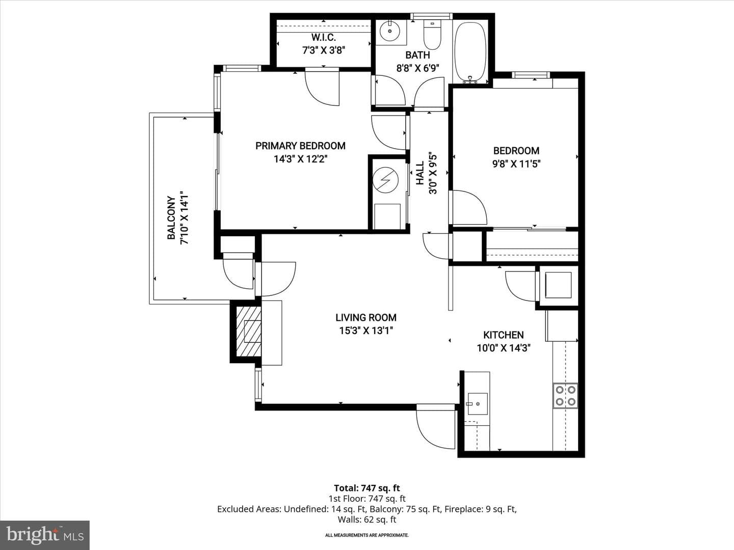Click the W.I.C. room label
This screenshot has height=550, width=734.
323,37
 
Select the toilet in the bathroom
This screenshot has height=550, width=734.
432,35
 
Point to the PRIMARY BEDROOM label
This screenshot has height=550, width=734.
300,146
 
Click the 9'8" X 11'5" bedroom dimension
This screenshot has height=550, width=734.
516,164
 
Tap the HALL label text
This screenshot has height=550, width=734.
420,173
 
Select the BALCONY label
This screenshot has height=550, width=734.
171,218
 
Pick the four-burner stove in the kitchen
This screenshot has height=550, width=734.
565,395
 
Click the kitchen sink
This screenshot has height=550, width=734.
478,404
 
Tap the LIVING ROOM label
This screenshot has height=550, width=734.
366,317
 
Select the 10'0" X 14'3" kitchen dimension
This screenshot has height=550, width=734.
504,348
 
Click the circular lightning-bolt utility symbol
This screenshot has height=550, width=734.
385,180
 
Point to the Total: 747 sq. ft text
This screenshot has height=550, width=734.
367,488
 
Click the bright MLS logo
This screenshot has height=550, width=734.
45,535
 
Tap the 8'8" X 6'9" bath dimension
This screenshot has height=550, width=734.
417,68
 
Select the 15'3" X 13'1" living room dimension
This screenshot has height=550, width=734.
366,331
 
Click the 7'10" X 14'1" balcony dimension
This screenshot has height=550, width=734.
185,218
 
